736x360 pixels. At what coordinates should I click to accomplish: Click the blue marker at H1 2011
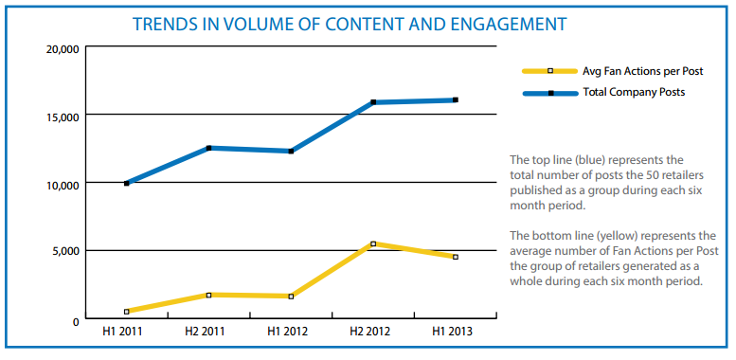tap(127, 184)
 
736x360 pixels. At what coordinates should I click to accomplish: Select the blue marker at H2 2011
tap(209, 148)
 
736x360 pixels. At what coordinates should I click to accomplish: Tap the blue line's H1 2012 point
tap(291, 152)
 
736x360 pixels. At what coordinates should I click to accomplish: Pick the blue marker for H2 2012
tap(373, 102)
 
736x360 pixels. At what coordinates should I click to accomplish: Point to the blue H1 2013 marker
tap(456, 100)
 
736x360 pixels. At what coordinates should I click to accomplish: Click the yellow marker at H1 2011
tap(127, 312)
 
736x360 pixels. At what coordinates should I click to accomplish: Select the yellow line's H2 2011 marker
tap(209, 296)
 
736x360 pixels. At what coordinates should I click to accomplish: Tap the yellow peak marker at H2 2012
tap(373, 244)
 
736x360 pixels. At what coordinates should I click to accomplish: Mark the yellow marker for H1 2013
tap(456, 257)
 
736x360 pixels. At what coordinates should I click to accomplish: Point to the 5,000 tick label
tap(67, 253)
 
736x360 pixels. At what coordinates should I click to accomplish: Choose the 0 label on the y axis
tap(76, 322)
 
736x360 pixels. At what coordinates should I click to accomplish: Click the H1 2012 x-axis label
tap(288, 332)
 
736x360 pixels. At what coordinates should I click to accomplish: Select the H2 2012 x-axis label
tap(369, 332)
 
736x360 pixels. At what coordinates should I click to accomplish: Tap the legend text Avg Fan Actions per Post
tap(643, 71)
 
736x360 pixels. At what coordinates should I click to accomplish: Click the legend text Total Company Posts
tap(634, 93)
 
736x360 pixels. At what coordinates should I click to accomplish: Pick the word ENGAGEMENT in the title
tap(507, 24)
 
